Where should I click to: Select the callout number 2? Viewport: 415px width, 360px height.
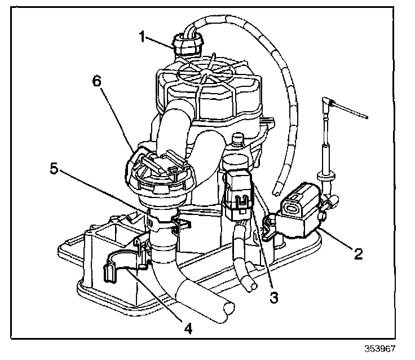(357, 253)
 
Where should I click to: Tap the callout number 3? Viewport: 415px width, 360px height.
(274, 298)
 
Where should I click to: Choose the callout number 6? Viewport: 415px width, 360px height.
(98, 81)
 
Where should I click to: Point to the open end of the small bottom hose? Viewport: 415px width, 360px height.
(248, 287)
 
